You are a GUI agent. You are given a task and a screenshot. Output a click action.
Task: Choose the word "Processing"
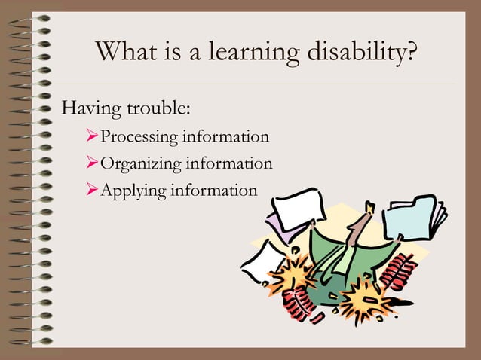pyautogui.click(x=138, y=137)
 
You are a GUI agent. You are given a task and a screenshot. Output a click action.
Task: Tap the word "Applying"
pyautogui.click(x=133, y=190)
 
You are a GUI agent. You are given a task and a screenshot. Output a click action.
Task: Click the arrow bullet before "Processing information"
pyautogui.click(x=93, y=137)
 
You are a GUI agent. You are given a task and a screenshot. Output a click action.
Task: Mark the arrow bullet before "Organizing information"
pyautogui.click(x=93, y=163)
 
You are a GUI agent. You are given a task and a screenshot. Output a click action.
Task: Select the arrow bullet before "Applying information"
pyautogui.click(x=93, y=190)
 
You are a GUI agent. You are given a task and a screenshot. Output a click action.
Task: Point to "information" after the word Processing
pyautogui.click(x=225, y=137)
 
